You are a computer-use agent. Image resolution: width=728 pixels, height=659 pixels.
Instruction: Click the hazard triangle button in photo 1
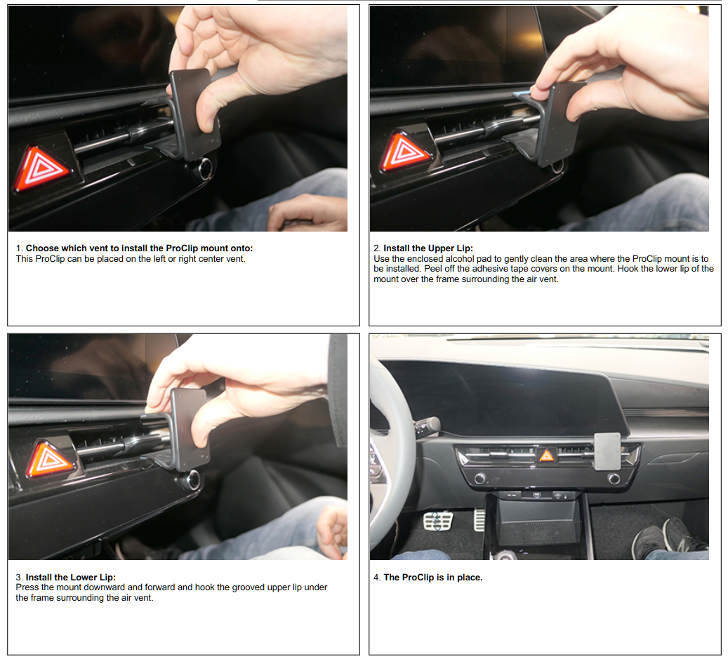[x=40, y=168]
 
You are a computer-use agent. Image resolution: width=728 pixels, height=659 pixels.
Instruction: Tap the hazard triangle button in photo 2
[x=404, y=152]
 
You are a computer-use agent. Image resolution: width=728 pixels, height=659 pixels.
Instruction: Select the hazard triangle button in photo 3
[x=50, y=458]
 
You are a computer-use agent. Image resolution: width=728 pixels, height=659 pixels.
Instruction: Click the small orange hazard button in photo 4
[x=546, y=455]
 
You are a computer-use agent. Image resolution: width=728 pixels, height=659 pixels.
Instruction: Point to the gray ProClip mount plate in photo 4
[x=607, y=451]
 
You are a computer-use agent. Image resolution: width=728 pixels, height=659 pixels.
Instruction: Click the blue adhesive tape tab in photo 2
[x=522, y=94]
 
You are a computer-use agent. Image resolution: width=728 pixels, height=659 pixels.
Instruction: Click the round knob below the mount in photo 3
[x=190, y=480]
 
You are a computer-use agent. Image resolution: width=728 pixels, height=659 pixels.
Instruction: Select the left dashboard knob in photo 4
[x=479, y=478]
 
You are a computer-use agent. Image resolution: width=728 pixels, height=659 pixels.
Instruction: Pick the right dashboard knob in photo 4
[x=614, y=479]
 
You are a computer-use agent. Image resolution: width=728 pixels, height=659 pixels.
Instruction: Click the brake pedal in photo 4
[x=437, y=521]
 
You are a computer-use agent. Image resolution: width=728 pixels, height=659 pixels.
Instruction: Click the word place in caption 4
[x=470, y=578]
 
